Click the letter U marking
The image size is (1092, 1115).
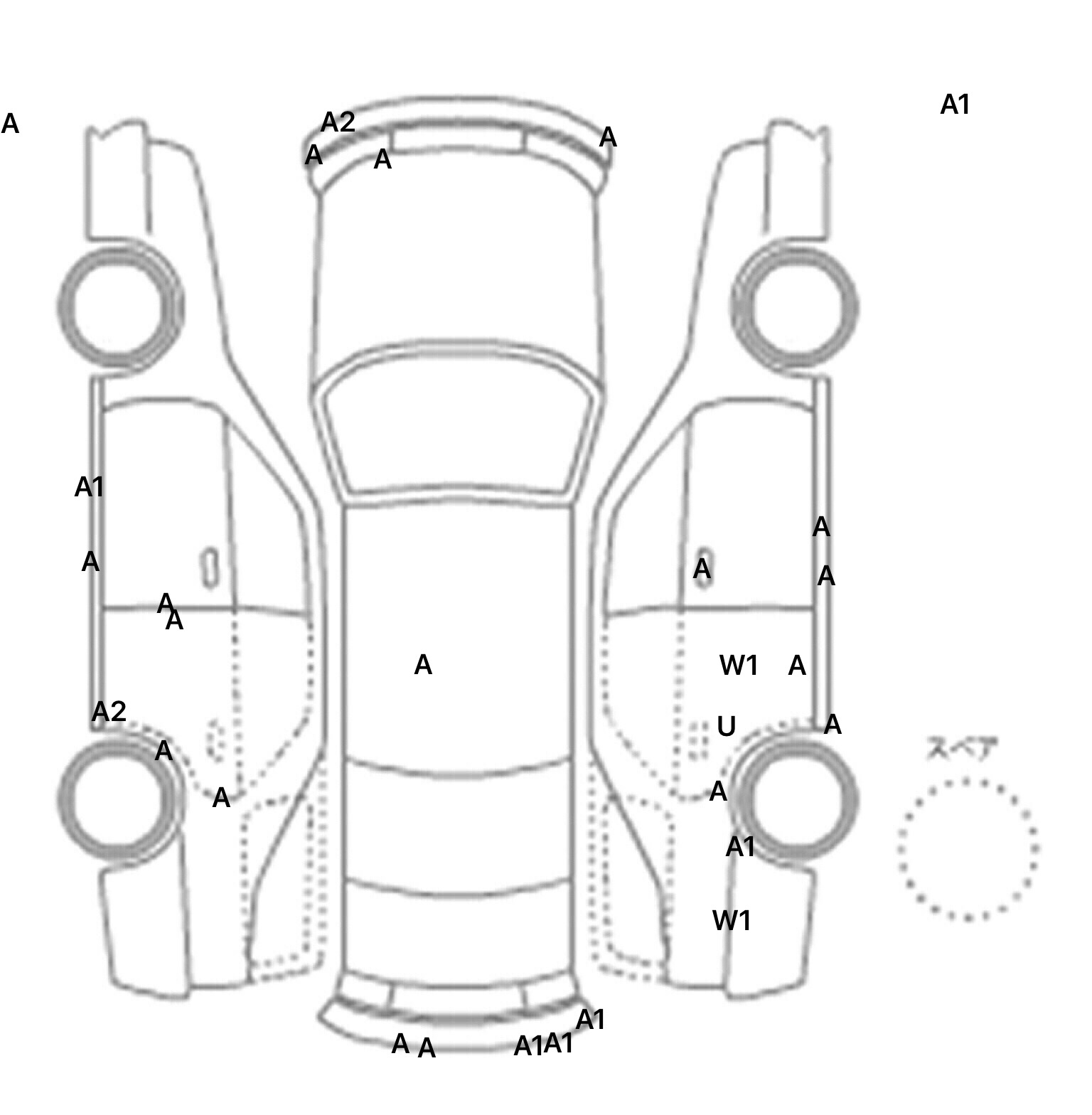point(726,727)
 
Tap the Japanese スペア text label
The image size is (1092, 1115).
point(962,749)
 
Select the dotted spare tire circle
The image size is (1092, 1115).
point(968,849)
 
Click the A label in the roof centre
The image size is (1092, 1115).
point(423,666)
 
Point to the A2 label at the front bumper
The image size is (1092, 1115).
point(338,123)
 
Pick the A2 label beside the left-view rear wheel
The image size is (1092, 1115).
point(109,711)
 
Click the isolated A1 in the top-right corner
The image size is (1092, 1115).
point(955,105)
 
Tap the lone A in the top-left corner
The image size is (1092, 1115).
point(10,124)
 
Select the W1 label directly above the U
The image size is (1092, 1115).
point(739,666)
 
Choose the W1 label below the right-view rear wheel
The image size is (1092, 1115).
point(732,921)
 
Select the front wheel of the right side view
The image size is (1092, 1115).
point(796,306)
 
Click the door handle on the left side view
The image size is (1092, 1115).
point(210,567)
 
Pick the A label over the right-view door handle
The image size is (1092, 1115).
point(702,569)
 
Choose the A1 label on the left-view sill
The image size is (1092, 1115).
point(90,488)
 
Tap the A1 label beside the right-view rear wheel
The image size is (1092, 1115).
point(740,847)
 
